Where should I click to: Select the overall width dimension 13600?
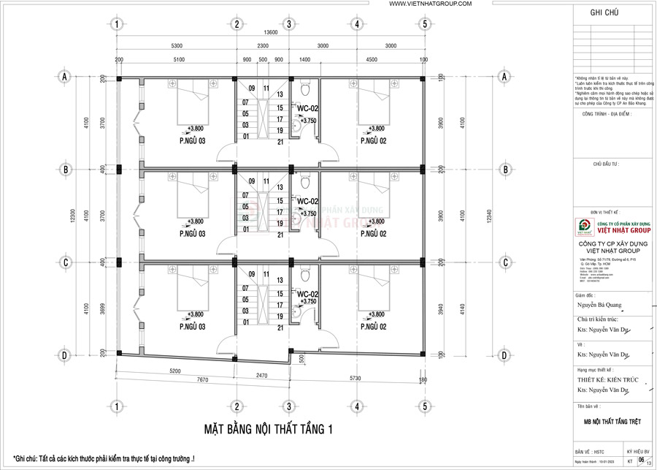point(271,33)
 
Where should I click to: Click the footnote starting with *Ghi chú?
point(104,458)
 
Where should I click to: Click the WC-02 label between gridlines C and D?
point(307,293)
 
